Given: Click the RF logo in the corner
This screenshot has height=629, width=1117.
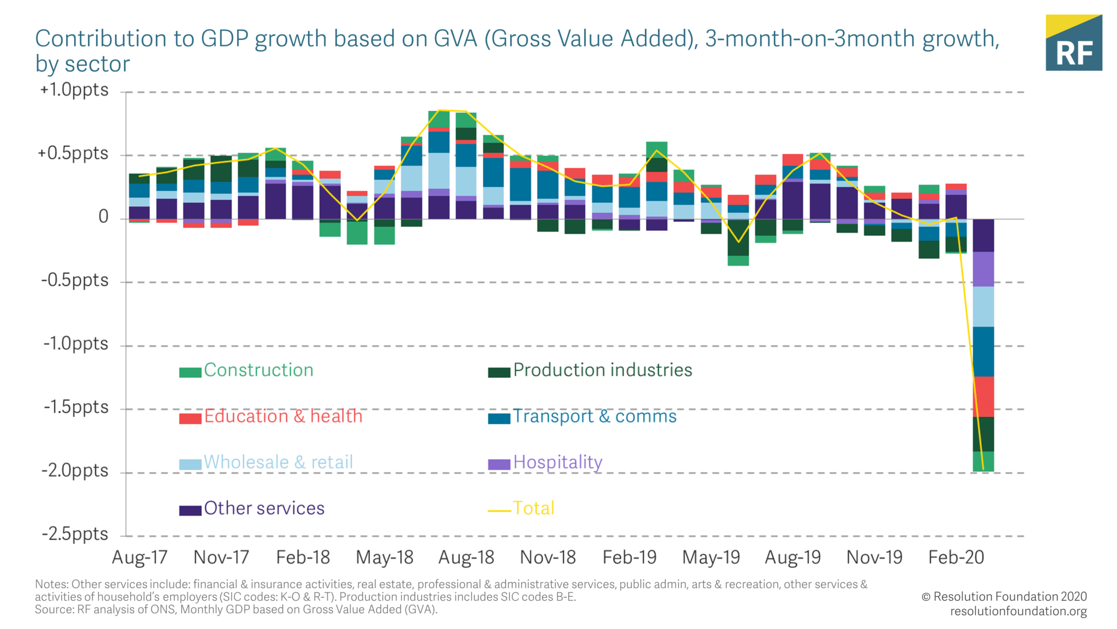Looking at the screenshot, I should pos(1073,43).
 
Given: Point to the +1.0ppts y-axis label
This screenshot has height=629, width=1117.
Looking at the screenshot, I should pos(74,90).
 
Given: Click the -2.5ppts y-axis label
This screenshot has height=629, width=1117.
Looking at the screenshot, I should pos(75,534).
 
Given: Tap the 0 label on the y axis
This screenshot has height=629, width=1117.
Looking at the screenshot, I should pos(103,217).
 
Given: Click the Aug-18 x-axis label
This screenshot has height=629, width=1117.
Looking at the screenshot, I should pos(466,557).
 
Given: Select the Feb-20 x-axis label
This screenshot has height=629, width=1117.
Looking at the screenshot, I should pos(956,557).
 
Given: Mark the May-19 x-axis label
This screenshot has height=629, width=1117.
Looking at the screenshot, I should pos(711,557).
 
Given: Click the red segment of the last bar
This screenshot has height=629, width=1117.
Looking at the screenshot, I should pos(983,396).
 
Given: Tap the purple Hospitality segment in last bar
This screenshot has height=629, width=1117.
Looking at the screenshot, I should pos(983,269).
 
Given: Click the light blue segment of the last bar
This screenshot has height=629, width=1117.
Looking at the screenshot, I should pos(983,306).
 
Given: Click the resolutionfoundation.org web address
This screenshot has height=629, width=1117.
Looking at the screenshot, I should pos(1018,611).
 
